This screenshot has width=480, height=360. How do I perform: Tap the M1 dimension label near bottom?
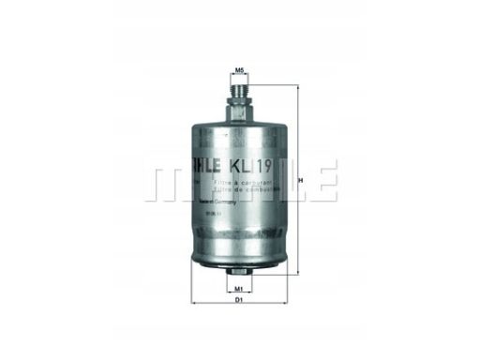(x=239, y=289)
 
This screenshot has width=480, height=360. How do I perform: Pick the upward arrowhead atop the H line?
(x=297, y=87)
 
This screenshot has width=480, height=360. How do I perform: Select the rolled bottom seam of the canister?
(x=239, y=259)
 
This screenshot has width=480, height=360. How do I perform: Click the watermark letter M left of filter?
(x=164, y=181)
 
